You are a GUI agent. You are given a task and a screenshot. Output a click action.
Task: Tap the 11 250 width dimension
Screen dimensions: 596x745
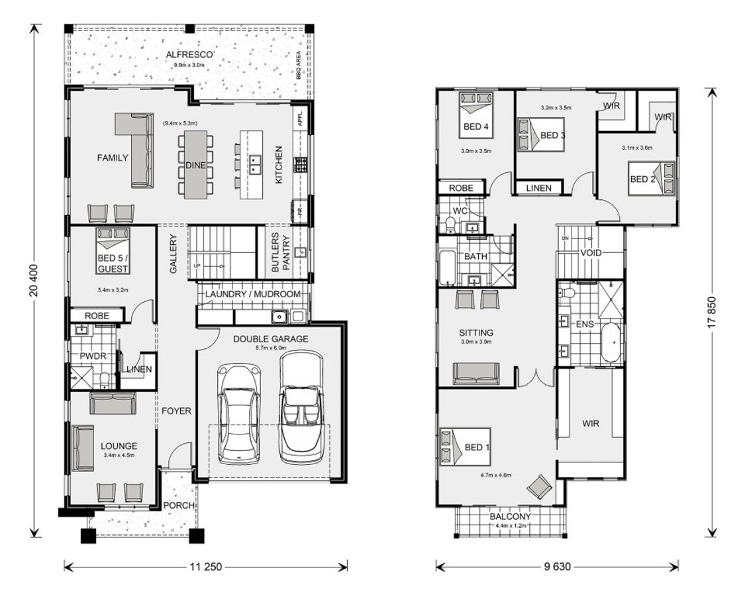click(206, 566)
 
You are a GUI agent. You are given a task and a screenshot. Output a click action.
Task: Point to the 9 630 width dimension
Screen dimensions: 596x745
click(557, 566)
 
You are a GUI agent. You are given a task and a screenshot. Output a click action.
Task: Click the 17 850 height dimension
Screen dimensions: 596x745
click(712, 311)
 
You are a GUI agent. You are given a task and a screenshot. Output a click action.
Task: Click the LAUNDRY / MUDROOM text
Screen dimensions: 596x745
click(252, 294)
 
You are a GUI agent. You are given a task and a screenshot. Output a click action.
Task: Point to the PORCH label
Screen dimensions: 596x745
click(179, 505)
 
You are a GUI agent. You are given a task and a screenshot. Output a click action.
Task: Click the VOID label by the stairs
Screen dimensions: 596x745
click(590, 253)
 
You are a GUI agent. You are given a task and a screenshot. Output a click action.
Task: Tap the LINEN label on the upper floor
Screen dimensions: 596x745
click(538, 188)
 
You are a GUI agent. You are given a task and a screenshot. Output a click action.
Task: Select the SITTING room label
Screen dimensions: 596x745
click(476, 333)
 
